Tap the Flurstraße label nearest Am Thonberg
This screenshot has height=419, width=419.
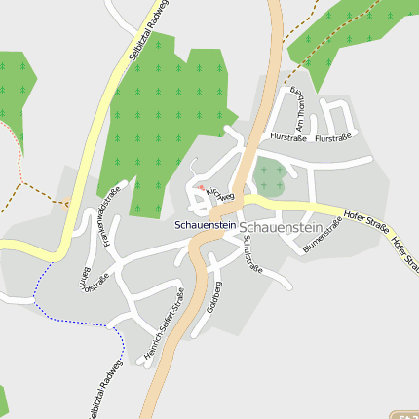click(288, 138)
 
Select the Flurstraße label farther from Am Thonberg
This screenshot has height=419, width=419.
click(333, 138)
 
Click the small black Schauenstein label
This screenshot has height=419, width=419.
click(204, 225)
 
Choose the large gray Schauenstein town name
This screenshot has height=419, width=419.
click(280, 226)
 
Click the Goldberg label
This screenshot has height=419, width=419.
click(215, 296)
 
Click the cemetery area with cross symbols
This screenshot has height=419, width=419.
click(270, 176)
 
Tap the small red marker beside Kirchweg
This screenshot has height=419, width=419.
click(200, 188)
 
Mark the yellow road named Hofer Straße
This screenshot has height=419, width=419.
click(292, 207)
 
